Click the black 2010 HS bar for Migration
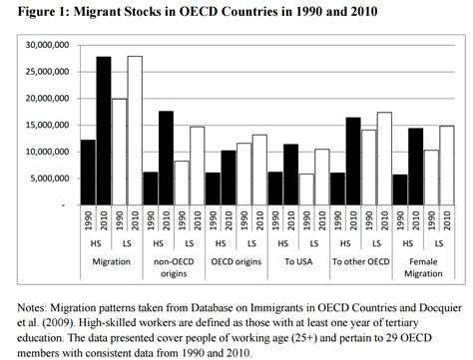(102, 131)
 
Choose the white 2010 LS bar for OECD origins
(259, 170)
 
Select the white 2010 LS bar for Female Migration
(446, 166)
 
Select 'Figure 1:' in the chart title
(35, 11)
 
